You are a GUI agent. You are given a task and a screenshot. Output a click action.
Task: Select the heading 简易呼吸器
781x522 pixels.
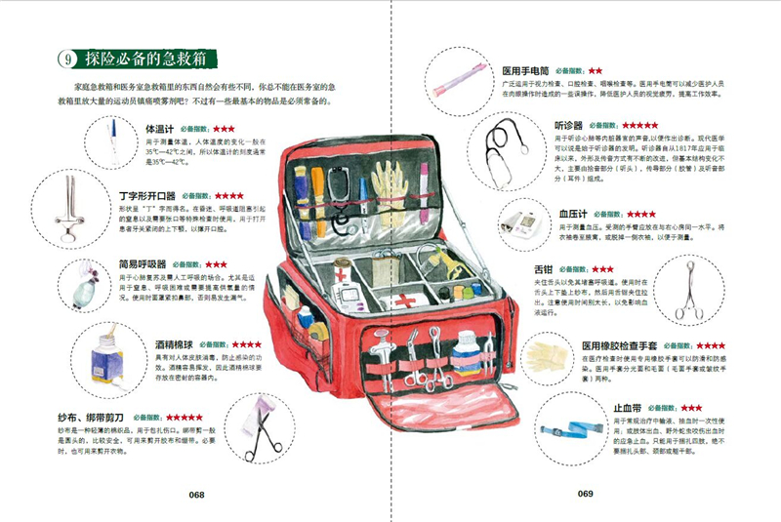(143, 264)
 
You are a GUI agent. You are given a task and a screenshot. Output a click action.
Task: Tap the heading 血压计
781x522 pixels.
(574, 213)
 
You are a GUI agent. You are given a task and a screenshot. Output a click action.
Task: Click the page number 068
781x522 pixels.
(196, 495)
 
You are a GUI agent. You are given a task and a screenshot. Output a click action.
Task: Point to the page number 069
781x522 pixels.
(585, 494)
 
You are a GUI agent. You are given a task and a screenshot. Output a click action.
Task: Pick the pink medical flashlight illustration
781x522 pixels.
(458, 74)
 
